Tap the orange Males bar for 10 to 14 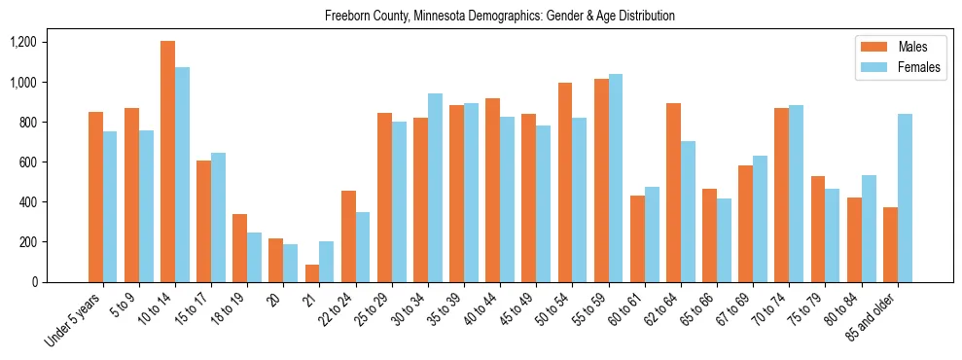pyautogui.click(x=167, y=162)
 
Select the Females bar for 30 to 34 pyautogui.click(x=435, y=188)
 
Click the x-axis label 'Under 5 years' pyautogui.click(x=74, y=320)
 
